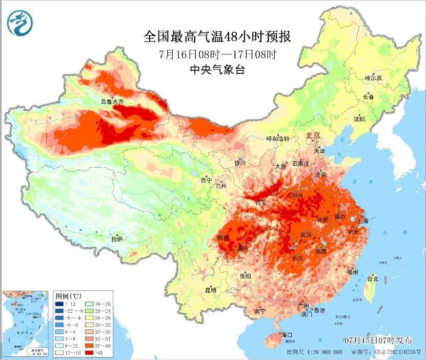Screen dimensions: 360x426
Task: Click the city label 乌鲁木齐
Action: tap(112, 102)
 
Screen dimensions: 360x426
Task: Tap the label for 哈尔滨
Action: tap(374, 78)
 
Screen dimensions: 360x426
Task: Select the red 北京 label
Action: tap(313, 135)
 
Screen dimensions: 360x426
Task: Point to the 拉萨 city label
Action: tap(117, 239)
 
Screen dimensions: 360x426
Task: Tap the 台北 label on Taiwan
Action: tap(372, 279)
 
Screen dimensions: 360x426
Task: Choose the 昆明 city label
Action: tap(211, 290)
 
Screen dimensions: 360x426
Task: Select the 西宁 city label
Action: tap(206, 180)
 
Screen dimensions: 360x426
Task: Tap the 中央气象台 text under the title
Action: tap(217, 70)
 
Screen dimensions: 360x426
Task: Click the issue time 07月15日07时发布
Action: tap(378, 341)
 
